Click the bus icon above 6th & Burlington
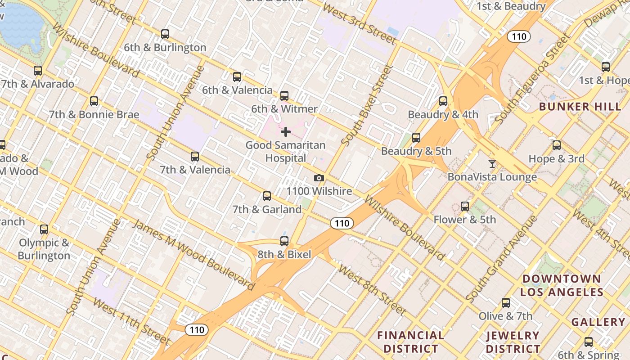click(165, 34)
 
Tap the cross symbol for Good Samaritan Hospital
click(286, 132)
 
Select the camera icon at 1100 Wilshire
click(319, 178)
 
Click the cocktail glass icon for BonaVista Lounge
click(492, 164)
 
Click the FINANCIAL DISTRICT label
click(410, 342)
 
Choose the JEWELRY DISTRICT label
click(513, 342)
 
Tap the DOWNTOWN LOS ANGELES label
click(562, 285)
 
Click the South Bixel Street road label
click(367, 105)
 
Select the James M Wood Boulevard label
click(193, 255)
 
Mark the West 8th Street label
click(372, 290)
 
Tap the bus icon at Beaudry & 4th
click(443, 101)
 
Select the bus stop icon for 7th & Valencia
click(195, 157)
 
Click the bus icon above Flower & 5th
click(465, 207)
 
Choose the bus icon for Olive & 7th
click(506, 303)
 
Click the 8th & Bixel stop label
click(284, 255)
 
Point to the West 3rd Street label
click(360, 24)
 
